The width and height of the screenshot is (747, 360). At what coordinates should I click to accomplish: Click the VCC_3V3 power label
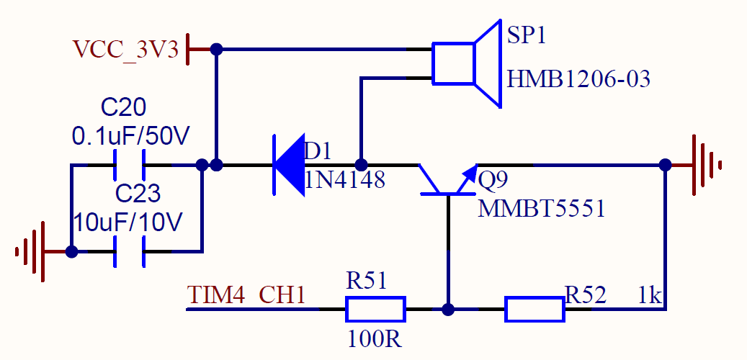click(125, 49)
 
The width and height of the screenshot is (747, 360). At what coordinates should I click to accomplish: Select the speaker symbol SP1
click(465, 64)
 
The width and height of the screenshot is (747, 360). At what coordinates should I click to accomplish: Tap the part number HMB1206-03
click(578, 78)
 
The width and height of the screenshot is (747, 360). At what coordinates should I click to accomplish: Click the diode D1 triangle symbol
click(289, 164)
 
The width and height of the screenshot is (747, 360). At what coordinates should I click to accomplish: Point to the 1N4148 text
click(345, 179)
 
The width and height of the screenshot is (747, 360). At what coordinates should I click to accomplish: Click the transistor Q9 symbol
click(447, 180)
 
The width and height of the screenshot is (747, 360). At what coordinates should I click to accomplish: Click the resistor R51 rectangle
click(375, 310)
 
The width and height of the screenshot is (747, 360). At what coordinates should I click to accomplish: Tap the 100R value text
click(375, 338)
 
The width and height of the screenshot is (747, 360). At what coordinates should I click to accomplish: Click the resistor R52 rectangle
click(534, 310)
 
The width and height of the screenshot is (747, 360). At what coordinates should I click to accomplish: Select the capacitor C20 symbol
click(130, 165)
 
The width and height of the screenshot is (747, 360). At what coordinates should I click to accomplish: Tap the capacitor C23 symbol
click(130, 252)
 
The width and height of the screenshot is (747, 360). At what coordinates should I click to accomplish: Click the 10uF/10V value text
click(129, 222)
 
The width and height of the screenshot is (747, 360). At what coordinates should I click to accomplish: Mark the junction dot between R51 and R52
click(448, 310)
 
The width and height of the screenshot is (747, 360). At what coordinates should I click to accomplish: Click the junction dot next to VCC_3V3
click(215, 49)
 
